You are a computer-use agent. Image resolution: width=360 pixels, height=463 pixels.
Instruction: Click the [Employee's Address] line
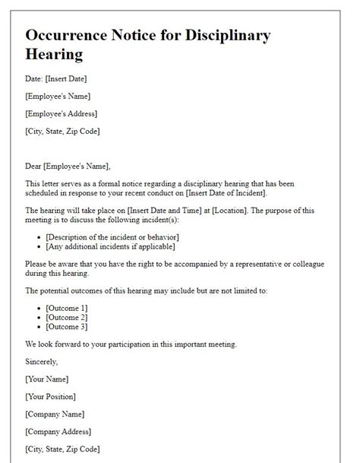(x=61, y=113)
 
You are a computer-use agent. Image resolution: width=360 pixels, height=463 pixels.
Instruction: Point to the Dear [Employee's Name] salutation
(x=67, y=166)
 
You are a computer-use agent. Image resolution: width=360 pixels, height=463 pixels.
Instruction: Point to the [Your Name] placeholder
(x=47, y=379)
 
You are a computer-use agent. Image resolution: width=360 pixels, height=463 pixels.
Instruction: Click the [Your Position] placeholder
(x=52, y=396)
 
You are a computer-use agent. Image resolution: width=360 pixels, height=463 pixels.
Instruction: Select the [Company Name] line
(x=55, y=414)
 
